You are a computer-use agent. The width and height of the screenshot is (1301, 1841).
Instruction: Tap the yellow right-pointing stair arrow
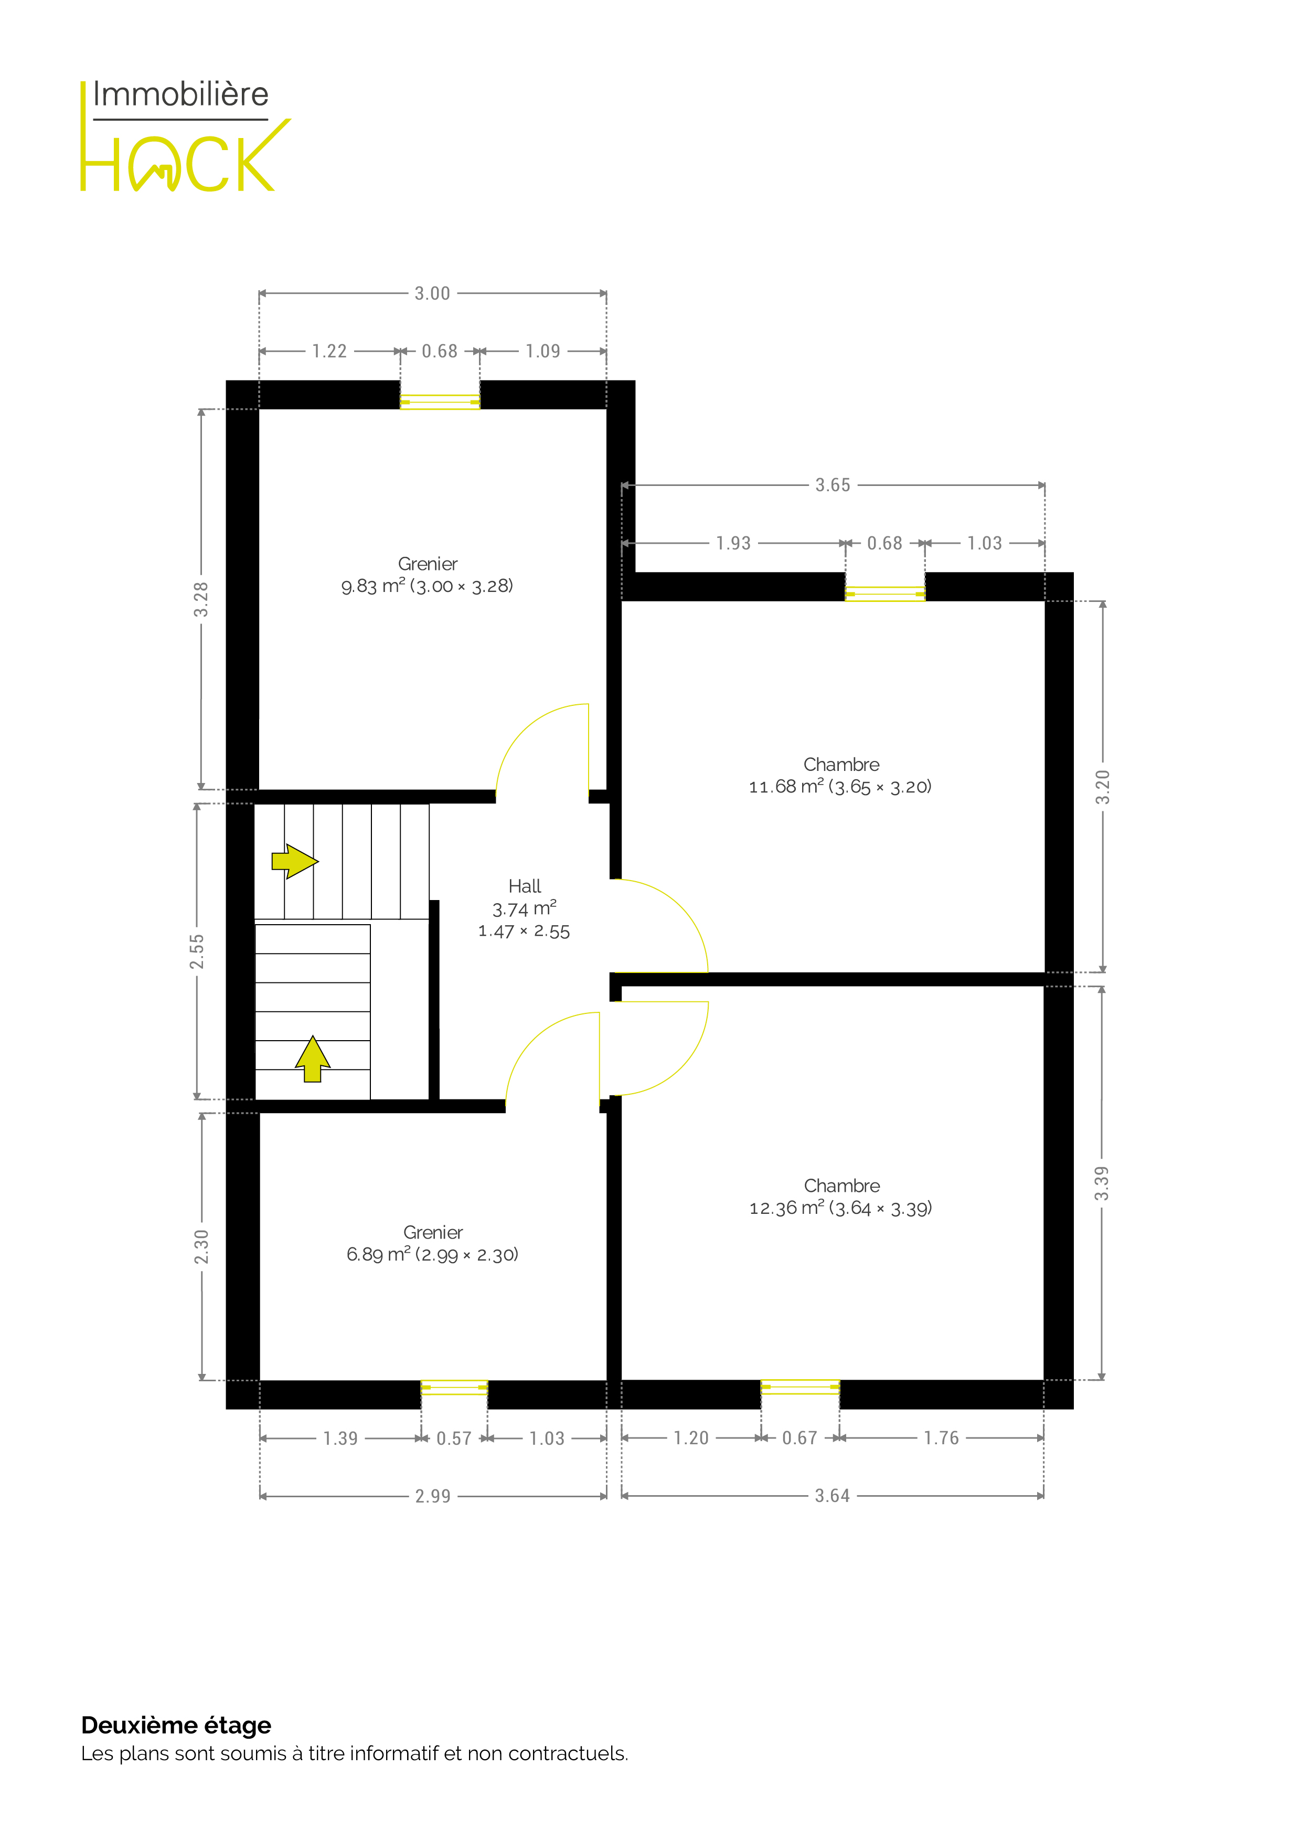pos(295,861)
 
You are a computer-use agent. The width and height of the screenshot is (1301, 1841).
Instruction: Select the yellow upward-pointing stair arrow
pos(313,1059)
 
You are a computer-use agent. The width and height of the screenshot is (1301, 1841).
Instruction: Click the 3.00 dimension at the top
pos(432,293)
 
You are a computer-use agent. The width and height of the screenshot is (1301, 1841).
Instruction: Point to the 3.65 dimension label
pos(833,485)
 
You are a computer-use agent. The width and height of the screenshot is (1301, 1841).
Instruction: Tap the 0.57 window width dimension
pos(454,1438)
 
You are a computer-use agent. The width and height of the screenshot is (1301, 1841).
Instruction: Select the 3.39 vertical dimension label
pos(1102,1183)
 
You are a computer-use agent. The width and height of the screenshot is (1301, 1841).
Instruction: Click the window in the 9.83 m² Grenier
pos(440,401)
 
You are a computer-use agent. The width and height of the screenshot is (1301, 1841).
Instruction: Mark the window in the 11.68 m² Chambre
pos(885,594)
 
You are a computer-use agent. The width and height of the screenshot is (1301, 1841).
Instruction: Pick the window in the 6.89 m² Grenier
pos(454,1387)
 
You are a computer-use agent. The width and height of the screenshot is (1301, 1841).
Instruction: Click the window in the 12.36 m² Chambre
pos(800,1387)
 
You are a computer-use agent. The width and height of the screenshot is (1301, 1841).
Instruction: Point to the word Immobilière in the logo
pos(180,94)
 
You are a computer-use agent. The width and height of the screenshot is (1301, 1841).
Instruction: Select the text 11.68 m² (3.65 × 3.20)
pos(840,787)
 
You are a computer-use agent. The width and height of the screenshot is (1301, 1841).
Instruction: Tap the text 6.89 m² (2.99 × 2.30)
pos(433,1254)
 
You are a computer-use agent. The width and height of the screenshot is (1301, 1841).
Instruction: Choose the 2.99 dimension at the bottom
pos(433,1496)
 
